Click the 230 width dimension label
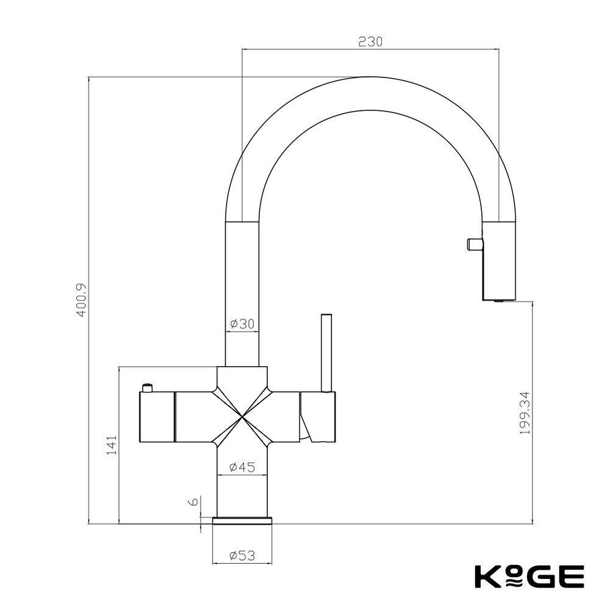(x=370, y=41)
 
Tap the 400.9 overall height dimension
(x=82, y=300)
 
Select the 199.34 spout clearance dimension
(x=525, y=413)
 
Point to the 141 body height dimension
(x=111, y=445)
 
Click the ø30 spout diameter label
(x=242, y=324)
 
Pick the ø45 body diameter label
(x=242, y=467)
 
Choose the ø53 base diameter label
(x=242, y=556)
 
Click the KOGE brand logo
(x=529, y=576)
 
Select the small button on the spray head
(x=475, y=244)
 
